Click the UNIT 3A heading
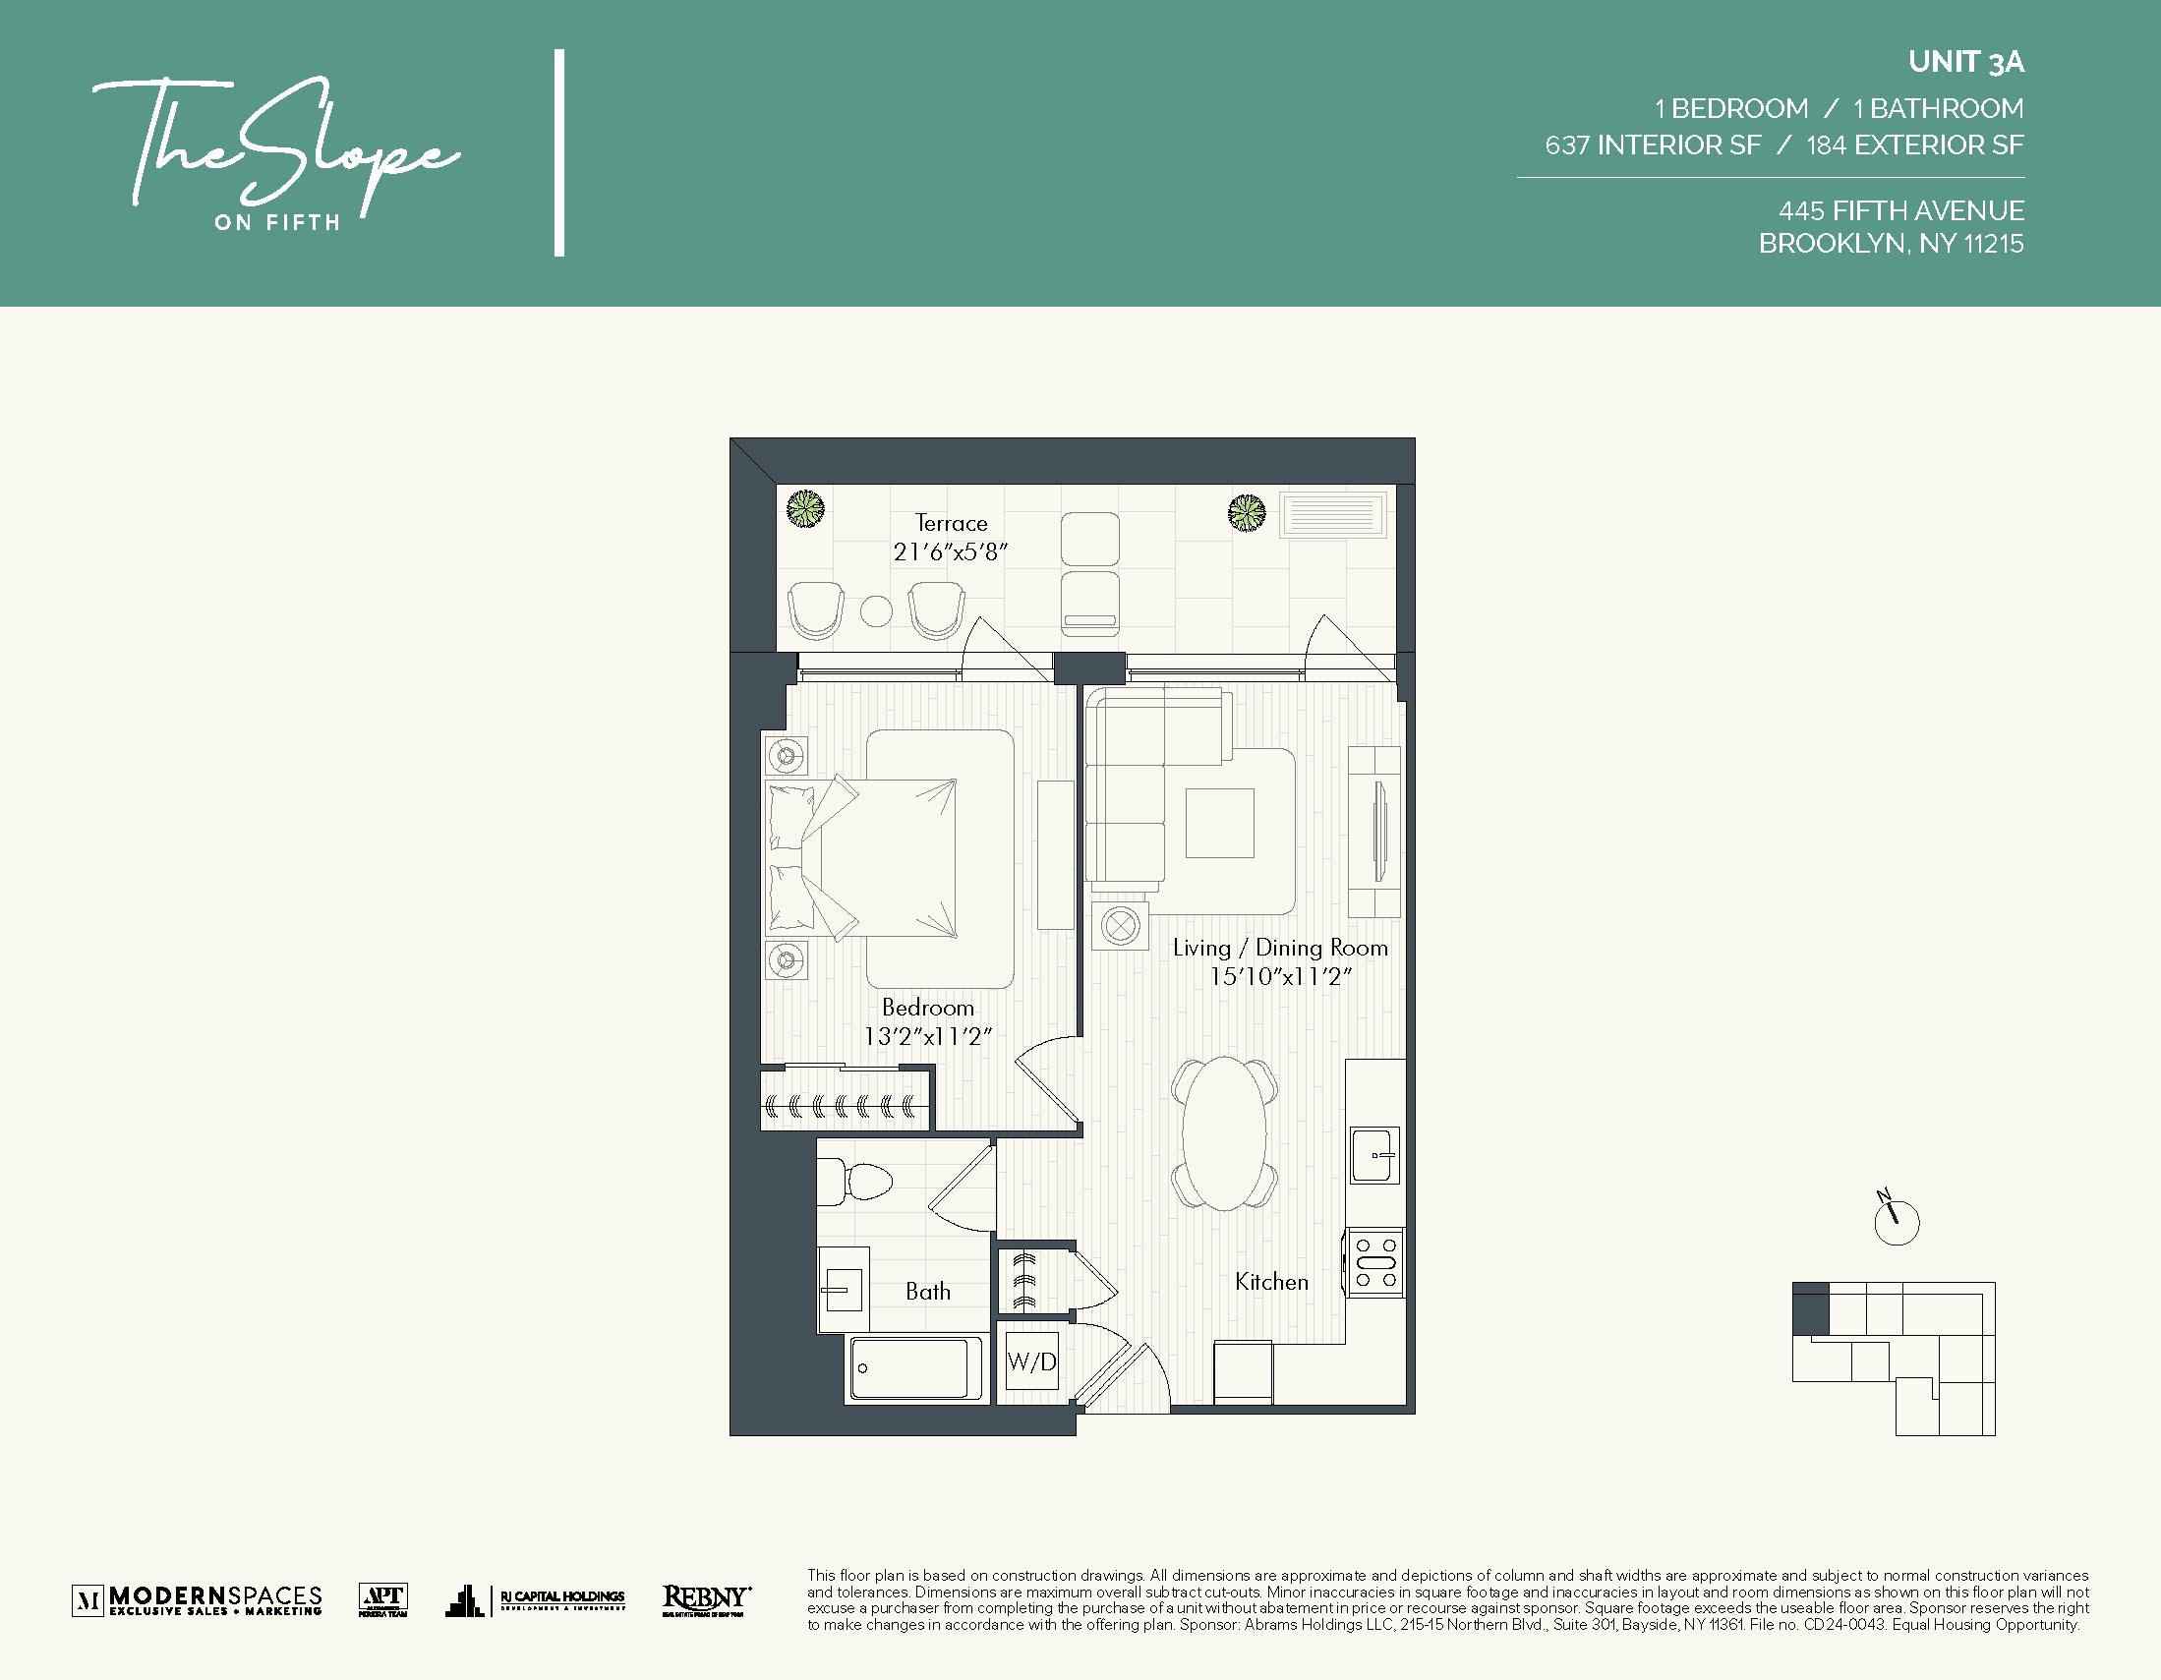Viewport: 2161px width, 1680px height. pos(1965,62)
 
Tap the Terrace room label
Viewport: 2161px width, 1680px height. pos(951,522)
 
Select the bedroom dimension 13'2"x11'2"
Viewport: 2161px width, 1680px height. pos(927,1036)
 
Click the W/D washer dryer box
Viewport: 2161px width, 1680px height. pos(1032,1362)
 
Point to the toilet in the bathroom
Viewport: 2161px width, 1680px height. pos(857,1181)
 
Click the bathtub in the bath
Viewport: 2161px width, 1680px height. pos(909,1369)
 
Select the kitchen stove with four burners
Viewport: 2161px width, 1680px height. pos(1375,1263)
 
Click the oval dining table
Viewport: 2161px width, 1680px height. pos(1224,1132)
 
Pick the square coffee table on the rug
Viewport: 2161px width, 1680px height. pos(1220,822)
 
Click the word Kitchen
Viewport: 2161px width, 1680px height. pos(1271,1281)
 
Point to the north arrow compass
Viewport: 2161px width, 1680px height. pos(1896,1222)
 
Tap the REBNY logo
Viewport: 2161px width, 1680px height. pos(706,1599)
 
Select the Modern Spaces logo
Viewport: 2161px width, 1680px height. pos(198,1599)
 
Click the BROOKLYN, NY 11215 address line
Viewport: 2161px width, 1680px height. pos(1890,244)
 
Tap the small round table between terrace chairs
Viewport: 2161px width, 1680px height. pos(876,611)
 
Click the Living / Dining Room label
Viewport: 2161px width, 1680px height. pos(1279,948)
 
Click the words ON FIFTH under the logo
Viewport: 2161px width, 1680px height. pos(277,222)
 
